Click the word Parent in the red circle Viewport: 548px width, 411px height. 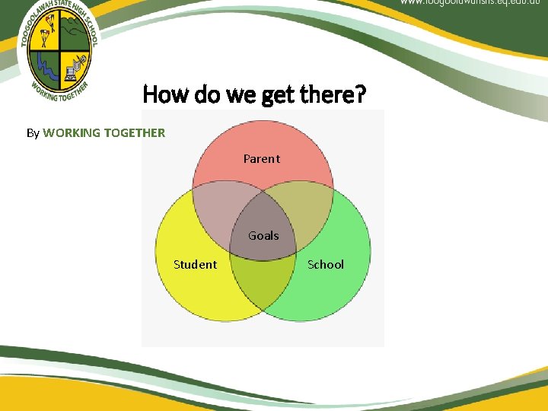click(x=261, y=158)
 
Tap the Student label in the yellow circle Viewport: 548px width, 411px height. click(x=195, y=264)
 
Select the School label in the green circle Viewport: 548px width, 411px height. click(x=325, y=264)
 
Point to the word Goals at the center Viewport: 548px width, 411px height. click(x=263, y=235)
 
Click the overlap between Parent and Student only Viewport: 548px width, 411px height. click(x=213, y=221)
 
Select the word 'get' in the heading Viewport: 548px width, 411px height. click(x=278, y=95)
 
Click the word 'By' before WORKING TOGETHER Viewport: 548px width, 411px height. click(x=33, y=132)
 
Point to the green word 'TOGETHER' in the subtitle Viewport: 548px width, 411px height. click(x=134, y=132)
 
